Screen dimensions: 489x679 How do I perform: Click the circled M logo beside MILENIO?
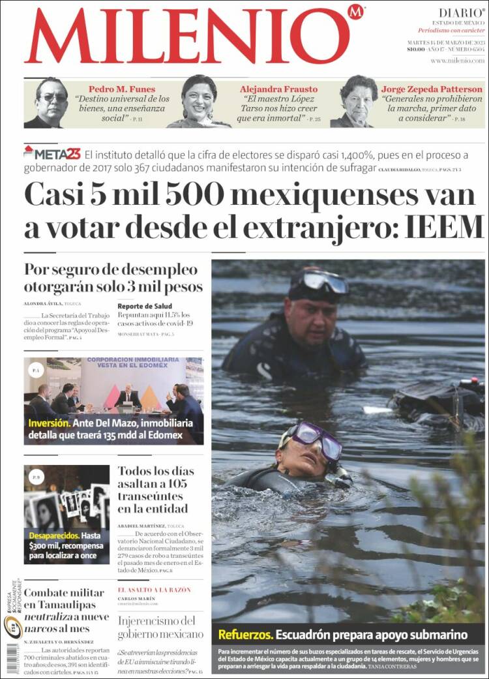coord(355,12)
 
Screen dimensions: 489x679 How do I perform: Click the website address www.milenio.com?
coord(457,60)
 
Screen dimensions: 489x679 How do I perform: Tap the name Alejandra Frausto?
coord(278,89)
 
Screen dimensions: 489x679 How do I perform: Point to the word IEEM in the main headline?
coord(445,227)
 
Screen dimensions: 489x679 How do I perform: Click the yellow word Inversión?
coord(48,423)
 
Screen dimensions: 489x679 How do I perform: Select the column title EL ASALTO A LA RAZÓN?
coord(154,590)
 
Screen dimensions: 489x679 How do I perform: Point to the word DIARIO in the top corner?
coord(461,12)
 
